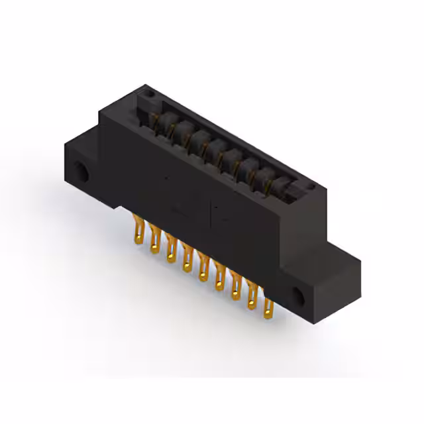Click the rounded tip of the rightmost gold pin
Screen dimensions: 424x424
pyautogui.click(x=269, y=313)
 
